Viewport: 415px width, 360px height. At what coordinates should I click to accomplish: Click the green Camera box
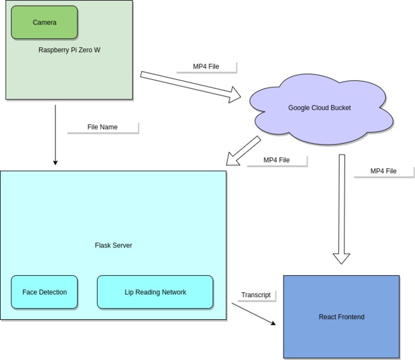tap(44, 23)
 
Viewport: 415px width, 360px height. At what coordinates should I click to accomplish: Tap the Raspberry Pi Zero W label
tap(69, 50)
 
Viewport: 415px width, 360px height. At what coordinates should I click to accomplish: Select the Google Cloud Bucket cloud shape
tap(319, 108)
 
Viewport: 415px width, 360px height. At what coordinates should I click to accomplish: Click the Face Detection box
tap(44, 292)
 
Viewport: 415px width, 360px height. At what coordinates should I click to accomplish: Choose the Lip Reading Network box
tap(155, 292)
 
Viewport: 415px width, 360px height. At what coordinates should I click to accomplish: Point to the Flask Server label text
tap(113, 245)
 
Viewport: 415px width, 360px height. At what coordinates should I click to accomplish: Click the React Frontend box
tap(341, 317)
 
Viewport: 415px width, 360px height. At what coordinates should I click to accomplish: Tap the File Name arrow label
tap(102, 128)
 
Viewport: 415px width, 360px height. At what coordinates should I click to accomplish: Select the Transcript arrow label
tap(256, 295)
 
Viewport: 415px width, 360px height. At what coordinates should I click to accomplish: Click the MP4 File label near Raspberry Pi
tap(206, 67)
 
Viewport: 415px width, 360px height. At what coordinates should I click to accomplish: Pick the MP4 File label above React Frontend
tap(383, 171)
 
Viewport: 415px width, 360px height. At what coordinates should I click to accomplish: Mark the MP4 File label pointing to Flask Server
tap(276, 160)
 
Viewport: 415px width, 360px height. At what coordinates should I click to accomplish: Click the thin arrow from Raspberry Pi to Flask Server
tap(55, 134)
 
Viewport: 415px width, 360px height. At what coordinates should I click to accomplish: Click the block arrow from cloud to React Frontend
tap(341, 207)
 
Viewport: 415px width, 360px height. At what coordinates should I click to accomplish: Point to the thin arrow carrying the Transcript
tap(254, 314)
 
